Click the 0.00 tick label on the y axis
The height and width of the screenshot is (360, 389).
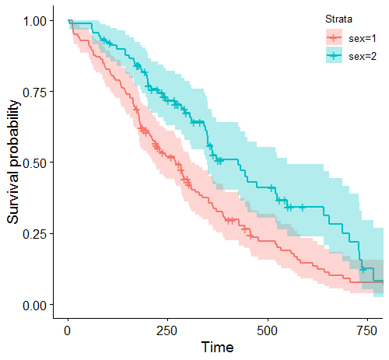tap(34, 305)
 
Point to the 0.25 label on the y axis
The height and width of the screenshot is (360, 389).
tap(34, 234)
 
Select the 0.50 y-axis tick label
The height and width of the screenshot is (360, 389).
tap(34, 163)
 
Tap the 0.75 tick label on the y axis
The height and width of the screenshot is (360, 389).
tap(34, 92)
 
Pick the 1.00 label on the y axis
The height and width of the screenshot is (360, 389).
tap(34, 21)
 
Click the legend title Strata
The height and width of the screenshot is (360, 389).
tap(338, 19)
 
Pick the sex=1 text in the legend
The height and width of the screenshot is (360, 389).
tap(363, 37)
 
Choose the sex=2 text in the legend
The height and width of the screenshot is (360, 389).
tap(363, 55)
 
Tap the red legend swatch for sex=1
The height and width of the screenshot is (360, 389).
tap(335, 37)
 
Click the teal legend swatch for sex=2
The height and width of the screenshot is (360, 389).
tap(335, 55)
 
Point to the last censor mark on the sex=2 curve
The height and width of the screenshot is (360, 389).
tap(363, 269)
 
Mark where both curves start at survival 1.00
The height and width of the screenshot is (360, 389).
tap(68, 21)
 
